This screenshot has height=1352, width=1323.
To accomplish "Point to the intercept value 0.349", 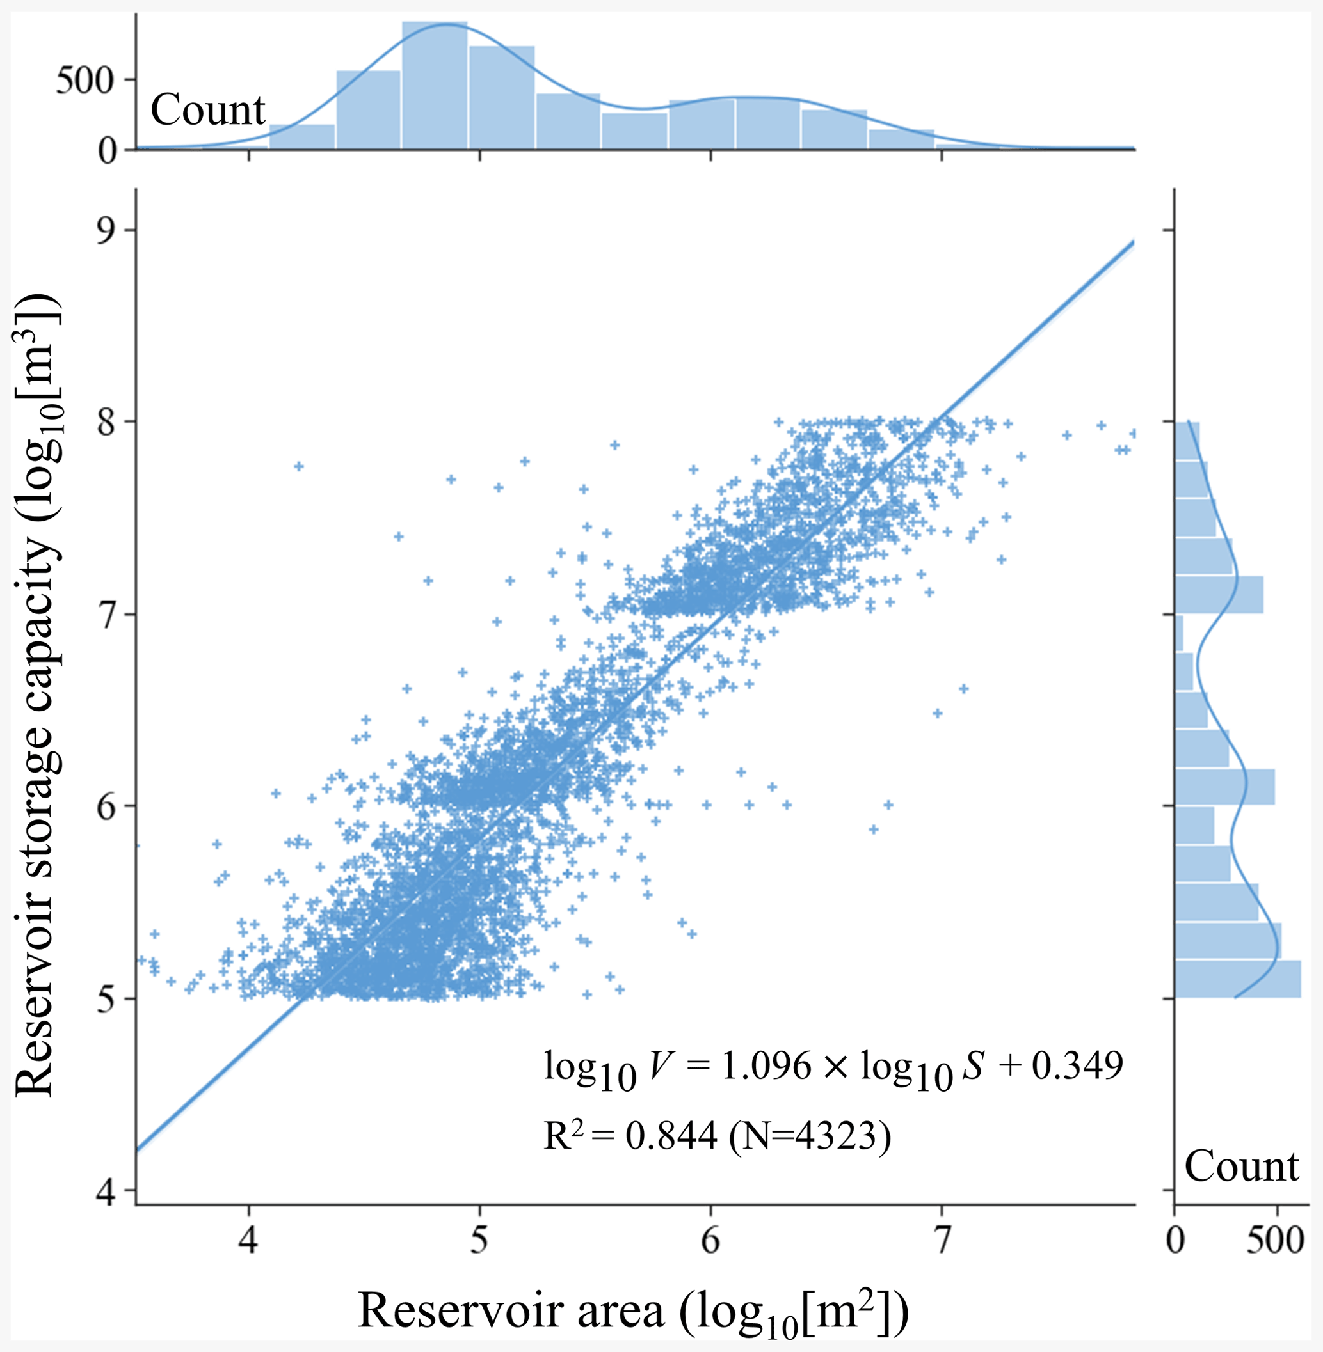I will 1078,1066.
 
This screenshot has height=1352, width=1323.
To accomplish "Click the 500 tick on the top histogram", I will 84,81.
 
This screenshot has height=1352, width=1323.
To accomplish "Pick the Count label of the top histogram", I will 208,111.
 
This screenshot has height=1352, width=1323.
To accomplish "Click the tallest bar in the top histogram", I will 435,84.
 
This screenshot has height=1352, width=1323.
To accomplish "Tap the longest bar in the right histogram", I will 1237,979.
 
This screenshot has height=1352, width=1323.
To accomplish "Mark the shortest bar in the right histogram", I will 1178,633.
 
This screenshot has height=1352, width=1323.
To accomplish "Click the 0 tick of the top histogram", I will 108,150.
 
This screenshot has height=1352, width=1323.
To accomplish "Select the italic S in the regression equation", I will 974,1066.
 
